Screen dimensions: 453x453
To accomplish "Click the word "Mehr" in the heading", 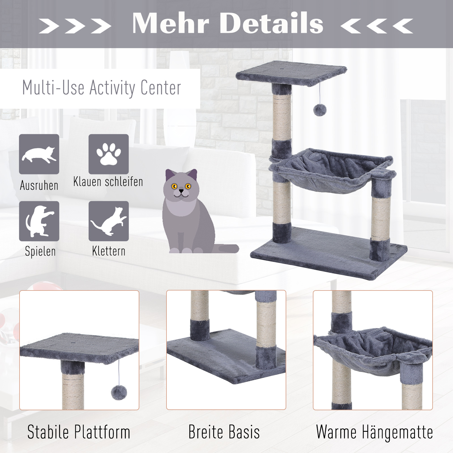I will click(170, 23).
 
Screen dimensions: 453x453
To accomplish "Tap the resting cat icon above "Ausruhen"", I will click(39, 154).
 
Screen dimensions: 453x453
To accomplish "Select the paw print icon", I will click(109, 154).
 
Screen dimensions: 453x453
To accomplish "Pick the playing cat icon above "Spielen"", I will click(39, 221).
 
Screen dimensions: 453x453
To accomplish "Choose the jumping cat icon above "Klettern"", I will click(109, 221).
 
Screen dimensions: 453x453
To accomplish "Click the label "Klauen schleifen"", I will click(108, 182).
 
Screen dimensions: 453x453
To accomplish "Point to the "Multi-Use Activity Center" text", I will click(102, 88).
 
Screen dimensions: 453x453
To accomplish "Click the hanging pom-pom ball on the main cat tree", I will click(320, 110).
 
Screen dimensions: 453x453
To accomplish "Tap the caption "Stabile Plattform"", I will click(79, 432).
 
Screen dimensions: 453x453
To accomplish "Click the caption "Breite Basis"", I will click(224, 432).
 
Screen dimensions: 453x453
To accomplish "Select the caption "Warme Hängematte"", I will click(374, 432).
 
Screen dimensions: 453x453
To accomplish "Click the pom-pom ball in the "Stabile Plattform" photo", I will click(119, 392).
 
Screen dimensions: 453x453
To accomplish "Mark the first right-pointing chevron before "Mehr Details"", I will click(49, 26).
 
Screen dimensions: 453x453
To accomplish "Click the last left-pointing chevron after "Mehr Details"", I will click(403, 26).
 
